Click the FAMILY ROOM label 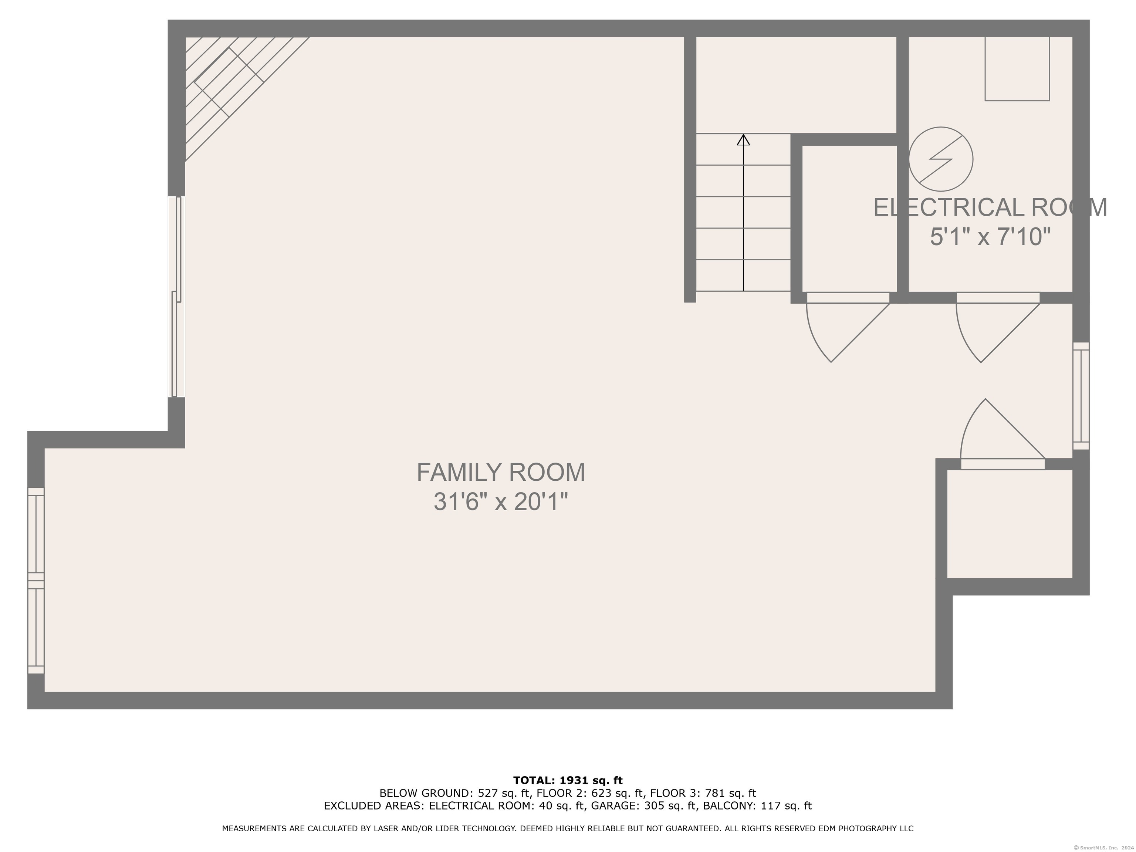point(501,473)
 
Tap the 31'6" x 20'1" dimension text point(501,502)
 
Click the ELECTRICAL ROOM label point(990,207)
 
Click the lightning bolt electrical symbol point(940,159)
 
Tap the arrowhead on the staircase point(743,140)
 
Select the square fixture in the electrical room point(1017,69)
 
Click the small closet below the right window point(1010,524)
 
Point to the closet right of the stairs point(849,219)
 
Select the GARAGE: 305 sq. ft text point(645,806)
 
